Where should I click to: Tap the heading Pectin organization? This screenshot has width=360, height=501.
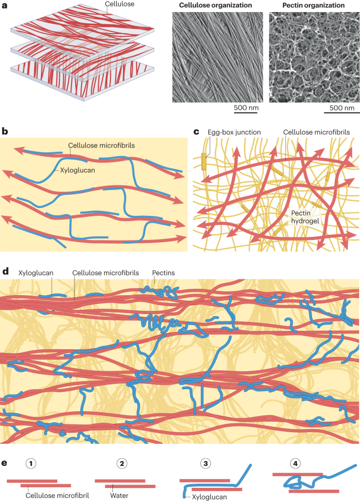tap(307, 6)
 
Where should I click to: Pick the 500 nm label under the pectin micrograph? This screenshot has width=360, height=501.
tap(342, 109)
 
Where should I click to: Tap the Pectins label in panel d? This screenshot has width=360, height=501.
tap(163, 273)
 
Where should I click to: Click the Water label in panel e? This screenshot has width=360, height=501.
tap(120, 494)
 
